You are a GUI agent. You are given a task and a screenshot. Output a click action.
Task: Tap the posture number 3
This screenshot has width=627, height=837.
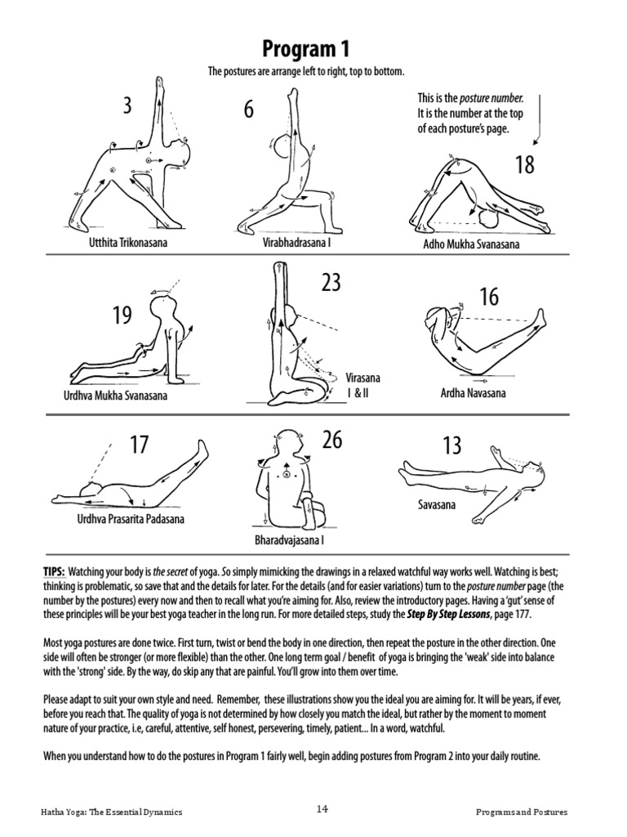coord(127,105)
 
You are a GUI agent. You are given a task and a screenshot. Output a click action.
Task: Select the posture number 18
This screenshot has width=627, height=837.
coord(524,165)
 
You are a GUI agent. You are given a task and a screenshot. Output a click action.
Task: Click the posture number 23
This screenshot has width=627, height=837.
coord(331,284)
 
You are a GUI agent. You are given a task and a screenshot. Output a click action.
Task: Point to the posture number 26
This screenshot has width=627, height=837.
coord(331,441)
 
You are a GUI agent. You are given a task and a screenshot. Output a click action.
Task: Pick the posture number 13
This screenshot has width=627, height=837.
coord(451,446)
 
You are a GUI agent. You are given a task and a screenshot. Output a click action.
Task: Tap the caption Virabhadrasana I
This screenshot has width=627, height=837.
coord(296,243)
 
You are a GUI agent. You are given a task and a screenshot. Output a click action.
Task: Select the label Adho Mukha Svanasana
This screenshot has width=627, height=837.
coord(469,244)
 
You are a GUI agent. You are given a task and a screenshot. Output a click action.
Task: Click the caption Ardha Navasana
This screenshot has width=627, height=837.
coord(473,393)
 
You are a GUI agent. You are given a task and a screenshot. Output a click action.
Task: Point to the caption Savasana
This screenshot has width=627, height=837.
coord(437,505)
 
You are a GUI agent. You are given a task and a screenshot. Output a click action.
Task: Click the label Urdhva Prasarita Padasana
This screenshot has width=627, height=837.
coord(131,519)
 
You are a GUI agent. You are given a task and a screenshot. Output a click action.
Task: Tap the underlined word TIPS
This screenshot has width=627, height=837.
coord(54,570)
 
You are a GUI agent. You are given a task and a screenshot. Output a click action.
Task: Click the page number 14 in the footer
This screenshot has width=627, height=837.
coord(322,809)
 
